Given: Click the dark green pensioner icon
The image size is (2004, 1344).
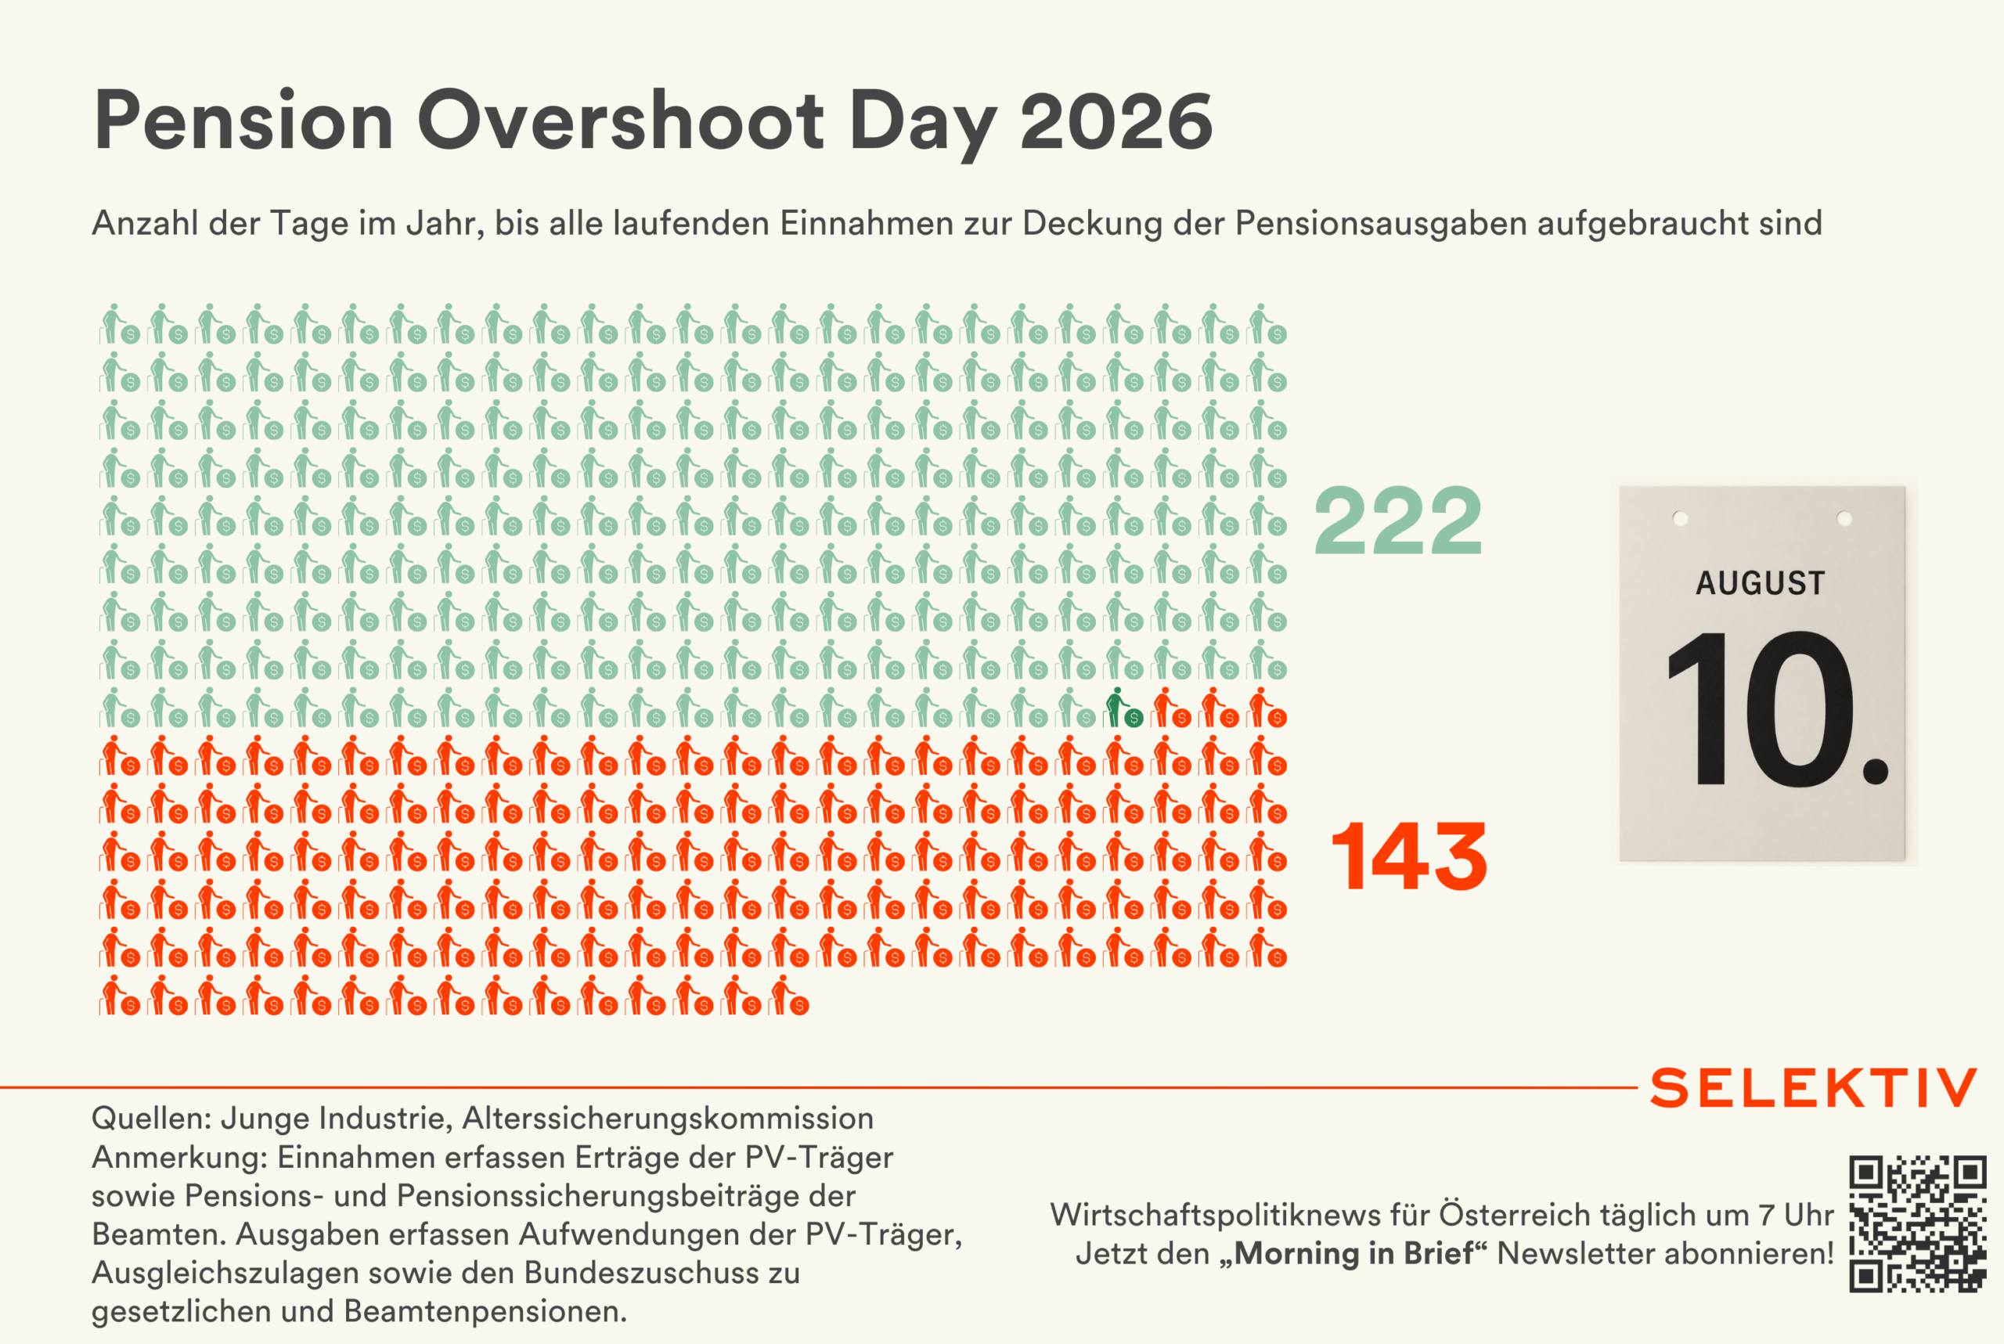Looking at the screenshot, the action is [1123, 707].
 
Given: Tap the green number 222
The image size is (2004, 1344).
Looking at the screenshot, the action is [1398, 521].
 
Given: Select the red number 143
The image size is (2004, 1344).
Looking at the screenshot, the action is [1409, 856].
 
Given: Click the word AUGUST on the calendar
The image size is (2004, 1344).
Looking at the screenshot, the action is [1761, 583].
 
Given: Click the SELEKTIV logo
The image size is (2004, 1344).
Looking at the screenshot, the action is [1813, 1088].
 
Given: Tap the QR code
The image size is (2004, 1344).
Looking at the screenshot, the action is [1917, 1223].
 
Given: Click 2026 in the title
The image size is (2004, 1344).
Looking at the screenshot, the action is [1116, 121].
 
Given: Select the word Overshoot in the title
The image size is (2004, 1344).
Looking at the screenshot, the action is [621, 121].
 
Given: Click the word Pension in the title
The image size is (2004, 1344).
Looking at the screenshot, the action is [243, 121].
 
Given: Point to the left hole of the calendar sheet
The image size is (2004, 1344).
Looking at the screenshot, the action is [1680, 518].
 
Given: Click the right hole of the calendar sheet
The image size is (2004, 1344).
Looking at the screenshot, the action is [1844, 518].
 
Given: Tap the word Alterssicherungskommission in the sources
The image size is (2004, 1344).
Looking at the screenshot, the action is [668, 1118].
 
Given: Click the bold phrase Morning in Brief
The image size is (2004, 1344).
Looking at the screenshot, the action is [1353, 1253].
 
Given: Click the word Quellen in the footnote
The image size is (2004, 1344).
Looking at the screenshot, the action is [152, 1118].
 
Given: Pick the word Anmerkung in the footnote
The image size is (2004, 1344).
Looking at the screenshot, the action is [180, 1158].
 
